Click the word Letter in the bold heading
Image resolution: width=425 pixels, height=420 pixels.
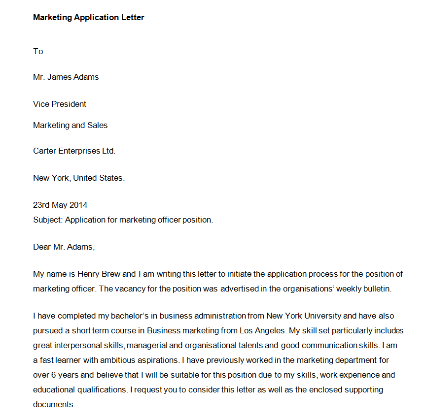coord(133,18)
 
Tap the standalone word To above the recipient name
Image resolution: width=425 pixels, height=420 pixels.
coord(38,51)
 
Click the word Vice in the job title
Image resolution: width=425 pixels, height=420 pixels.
coord(41,104)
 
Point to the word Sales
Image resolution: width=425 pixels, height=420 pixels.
coord(97,125)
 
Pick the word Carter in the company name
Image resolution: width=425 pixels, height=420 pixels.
coord(44,151)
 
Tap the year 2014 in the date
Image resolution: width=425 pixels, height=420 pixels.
coord(78,205)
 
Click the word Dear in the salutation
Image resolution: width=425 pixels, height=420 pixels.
coord(42,247)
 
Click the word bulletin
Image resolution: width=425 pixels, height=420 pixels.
coord(377,289)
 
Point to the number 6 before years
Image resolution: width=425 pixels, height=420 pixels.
coord(51,375)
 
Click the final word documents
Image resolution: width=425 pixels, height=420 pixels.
coord(54,405)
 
